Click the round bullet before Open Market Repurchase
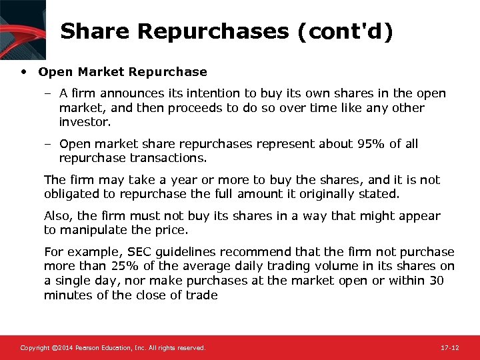tap(24, 71)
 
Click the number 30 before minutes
tap(437, 281)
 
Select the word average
tap(191, 267)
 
